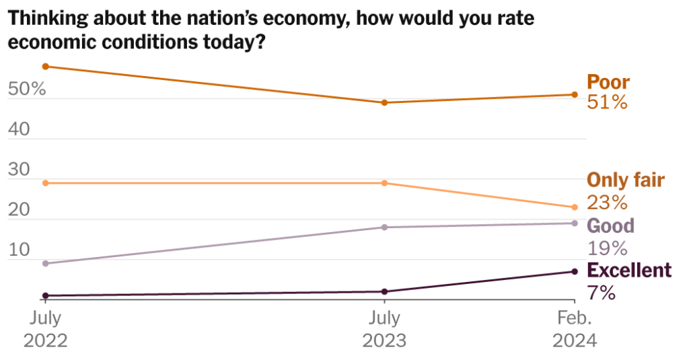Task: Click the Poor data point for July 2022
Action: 45,66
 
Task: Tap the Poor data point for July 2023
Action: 384,102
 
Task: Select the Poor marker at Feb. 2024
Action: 575,94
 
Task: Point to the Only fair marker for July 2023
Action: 384,183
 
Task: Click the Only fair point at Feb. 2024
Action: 575,207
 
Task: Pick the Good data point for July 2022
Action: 45,263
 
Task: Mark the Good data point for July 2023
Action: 384,227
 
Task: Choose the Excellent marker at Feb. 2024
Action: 575,271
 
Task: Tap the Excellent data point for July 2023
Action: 384,291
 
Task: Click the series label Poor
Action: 608,82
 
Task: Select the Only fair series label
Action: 626,180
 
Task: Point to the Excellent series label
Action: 629,270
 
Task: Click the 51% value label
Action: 608,103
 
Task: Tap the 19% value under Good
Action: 608,248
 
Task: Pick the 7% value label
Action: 602,293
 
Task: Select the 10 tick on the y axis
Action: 20,250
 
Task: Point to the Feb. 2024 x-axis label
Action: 575,329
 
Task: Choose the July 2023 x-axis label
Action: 384,329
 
